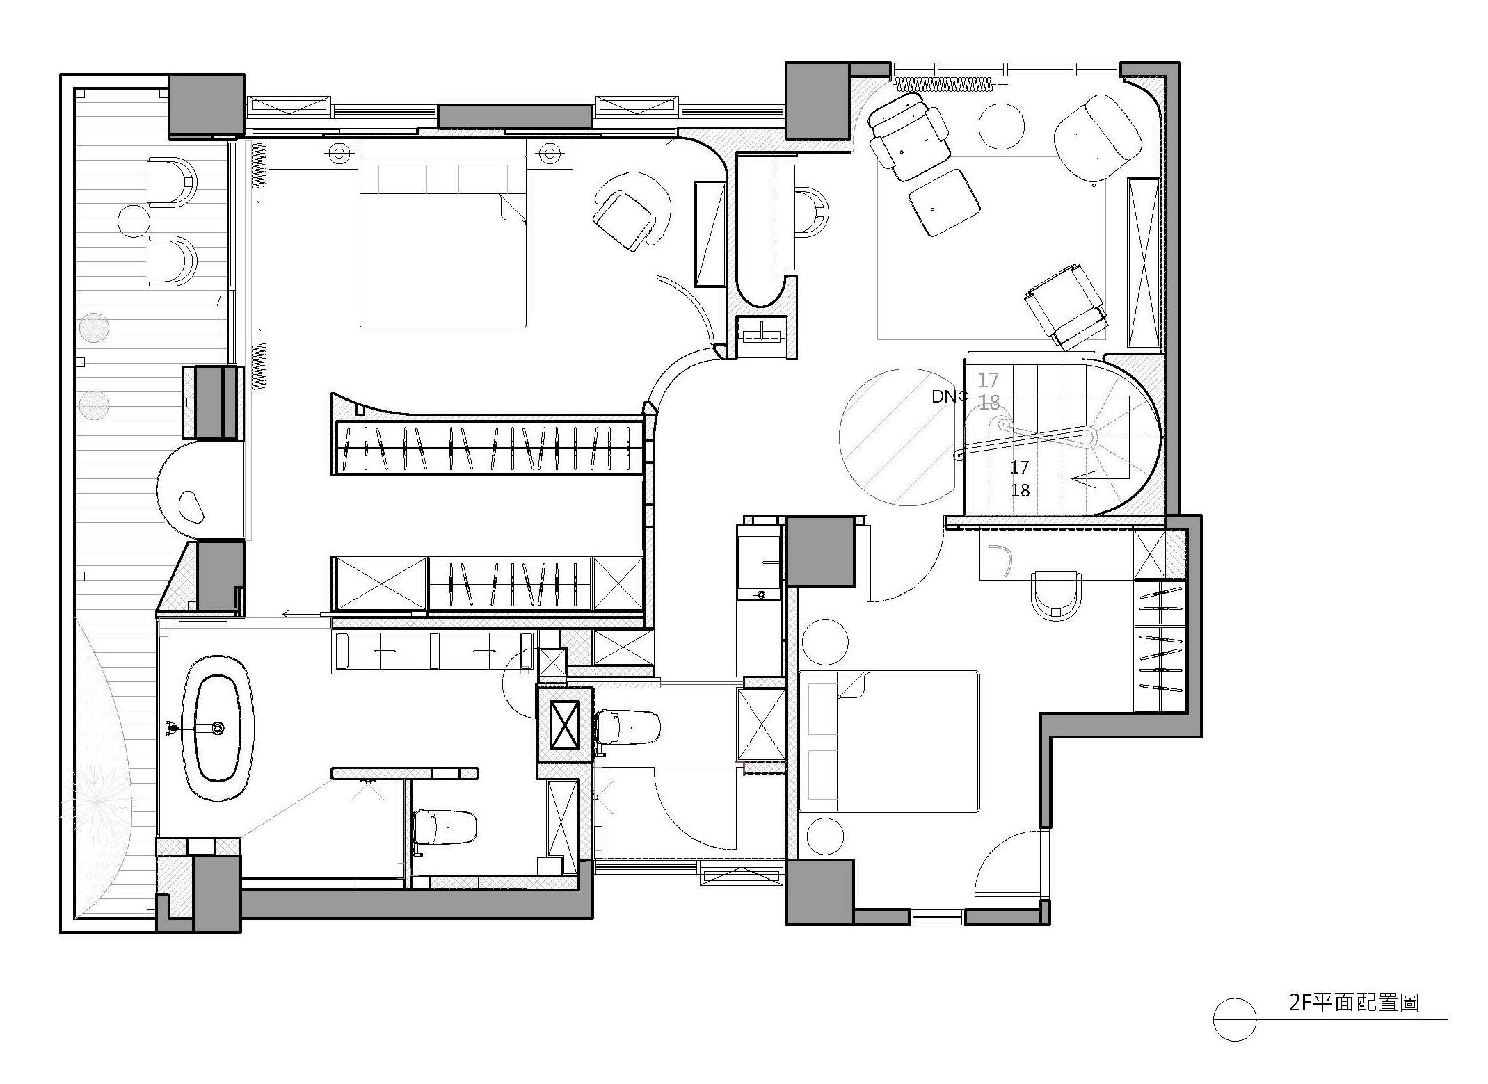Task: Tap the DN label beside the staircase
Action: coord(944,397)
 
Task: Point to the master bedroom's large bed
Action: coord(442,232)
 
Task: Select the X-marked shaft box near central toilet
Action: coord(564,726)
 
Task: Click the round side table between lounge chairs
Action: coord(1001,126)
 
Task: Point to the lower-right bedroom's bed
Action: coord(888,741)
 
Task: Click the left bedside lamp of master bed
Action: coord(339,153)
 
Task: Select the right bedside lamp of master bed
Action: coord(550,153)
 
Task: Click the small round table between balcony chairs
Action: coord(134,221)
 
